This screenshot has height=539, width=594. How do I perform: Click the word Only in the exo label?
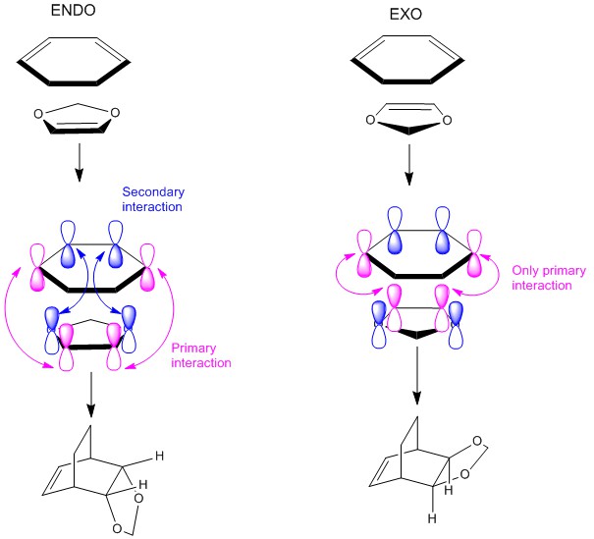coord(526,270)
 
